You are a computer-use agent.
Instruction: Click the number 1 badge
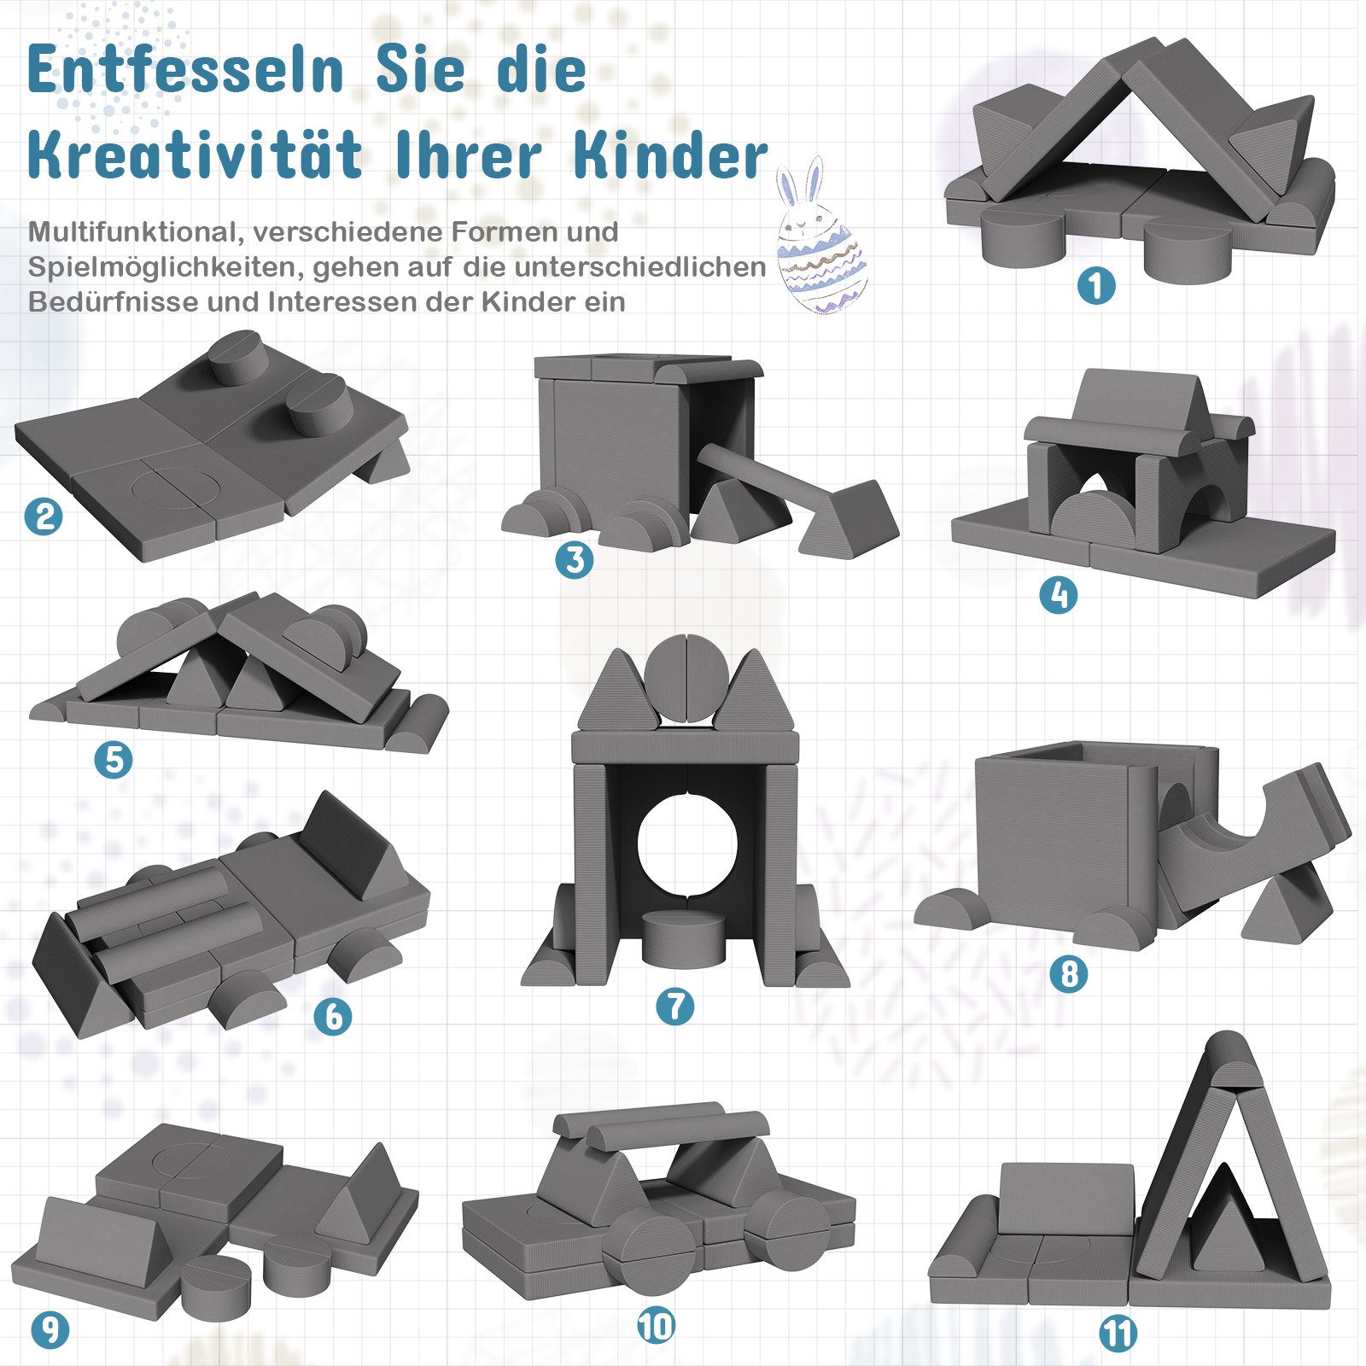[x=1096, y=285]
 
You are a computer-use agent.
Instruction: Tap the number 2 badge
[x=44, y=516]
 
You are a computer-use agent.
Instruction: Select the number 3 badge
[x=575, y=559]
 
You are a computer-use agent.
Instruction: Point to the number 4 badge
[x=1059, y=594]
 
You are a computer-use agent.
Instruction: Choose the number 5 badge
[x=114, y=759]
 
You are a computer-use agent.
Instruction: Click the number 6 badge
[x=333, y=1016]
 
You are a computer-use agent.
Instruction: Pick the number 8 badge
[x=1069, y=973]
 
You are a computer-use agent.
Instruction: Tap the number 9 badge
[x=50, y=1329]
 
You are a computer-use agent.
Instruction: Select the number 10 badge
[x=656, y=1326]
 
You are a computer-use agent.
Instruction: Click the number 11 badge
[x=1118, y=1334]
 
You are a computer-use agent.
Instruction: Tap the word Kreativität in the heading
[x=196, y=155]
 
